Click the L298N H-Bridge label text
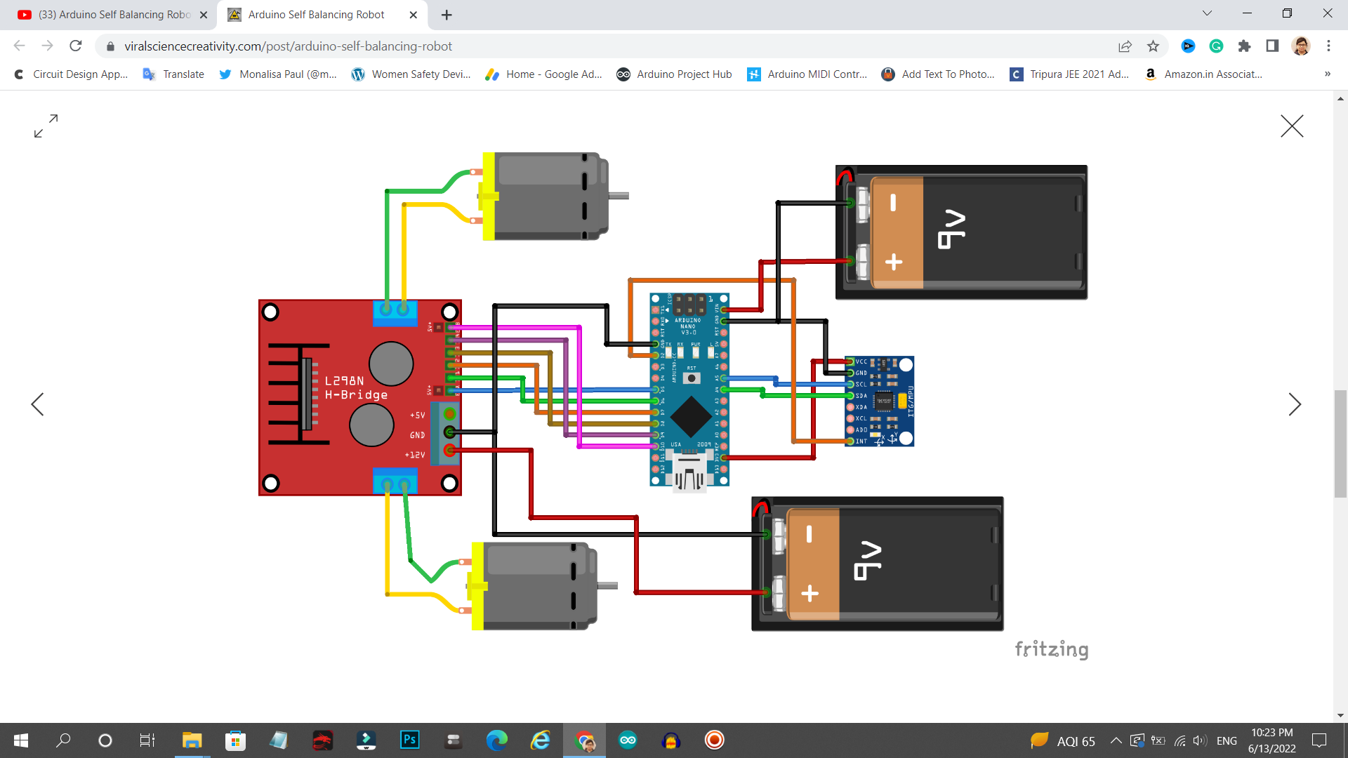(x=356, y=387)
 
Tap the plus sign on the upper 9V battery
(x=894, y=262)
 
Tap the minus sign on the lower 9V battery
(x=809, y=534)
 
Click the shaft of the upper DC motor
(x=618, y=197)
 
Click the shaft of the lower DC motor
(x=607, y=585)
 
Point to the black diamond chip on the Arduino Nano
(x=691, y=416)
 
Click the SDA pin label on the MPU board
(x=861, y=396)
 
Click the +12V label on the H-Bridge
(x=414, y=455)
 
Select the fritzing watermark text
(x=1051, y=649)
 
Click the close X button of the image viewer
(x=1291, y=126)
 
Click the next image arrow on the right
(x=1295, y=404)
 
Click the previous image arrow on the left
(x=38, y=404)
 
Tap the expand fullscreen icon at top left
(x=46, y=126)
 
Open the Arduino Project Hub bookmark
(x=674, y=74)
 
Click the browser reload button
(x=76, y=46)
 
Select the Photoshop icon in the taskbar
(x=409, y=740)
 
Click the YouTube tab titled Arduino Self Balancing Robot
(x=112, y=15)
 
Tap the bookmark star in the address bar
(x=1153, y=46)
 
